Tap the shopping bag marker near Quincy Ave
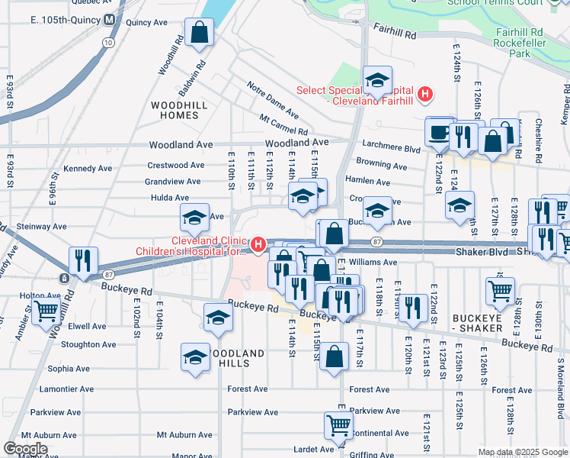(x=199, y=34)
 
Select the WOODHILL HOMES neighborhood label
(x=175, y=110)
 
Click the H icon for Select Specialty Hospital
(x=425, y=95)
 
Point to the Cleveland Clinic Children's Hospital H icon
(x=258, y=245)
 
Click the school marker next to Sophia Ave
(x=195, y=356)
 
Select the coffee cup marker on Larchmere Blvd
(x=439, y=131)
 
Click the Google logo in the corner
(x=26, y=449)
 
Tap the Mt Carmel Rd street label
(x=283, y=122)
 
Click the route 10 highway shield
(x=109, y=44)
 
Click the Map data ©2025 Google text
(x=522, y=452)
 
